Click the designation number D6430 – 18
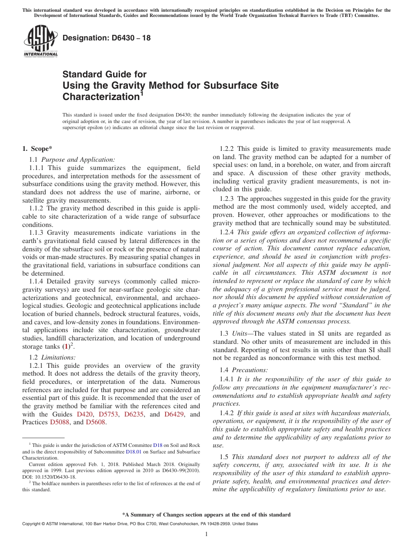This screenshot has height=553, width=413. tap(107, 38)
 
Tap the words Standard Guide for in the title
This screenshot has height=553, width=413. tap(104, 74)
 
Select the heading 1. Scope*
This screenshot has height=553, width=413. tap(37, 148)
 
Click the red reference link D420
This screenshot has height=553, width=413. tap(84, 414)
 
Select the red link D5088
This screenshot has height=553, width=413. tap(60, 422)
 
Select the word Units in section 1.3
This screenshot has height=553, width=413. tap(240, 333)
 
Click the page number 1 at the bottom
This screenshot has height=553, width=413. tap(206, 534)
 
